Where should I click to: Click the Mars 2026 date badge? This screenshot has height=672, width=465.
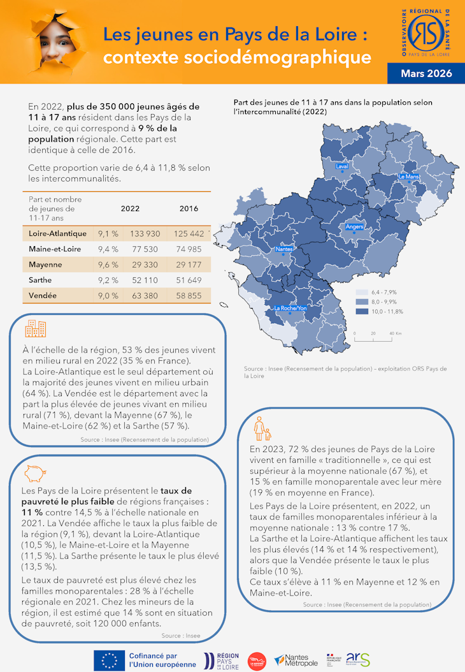tap(426, 73)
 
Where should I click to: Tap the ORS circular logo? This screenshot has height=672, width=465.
tap(427, 31)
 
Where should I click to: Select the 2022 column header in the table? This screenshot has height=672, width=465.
tap(131, 208)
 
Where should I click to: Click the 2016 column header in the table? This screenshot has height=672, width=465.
tap(189, 208)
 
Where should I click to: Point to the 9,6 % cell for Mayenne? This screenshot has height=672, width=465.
tap(108, 265)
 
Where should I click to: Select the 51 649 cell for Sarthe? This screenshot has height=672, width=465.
tap(188, 280)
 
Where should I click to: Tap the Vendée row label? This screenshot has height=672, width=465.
tap(42, 296)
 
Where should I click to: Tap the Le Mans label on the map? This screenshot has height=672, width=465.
tap(408, 176)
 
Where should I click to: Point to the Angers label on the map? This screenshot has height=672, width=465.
tap(354, 226)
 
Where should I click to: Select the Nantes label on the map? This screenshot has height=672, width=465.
tap(283, 249)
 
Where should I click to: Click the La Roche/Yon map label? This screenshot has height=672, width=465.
tap(290, 308)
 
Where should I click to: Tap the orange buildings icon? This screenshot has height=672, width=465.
tap(35, 328)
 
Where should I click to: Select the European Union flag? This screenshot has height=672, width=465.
tap(109, 661)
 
